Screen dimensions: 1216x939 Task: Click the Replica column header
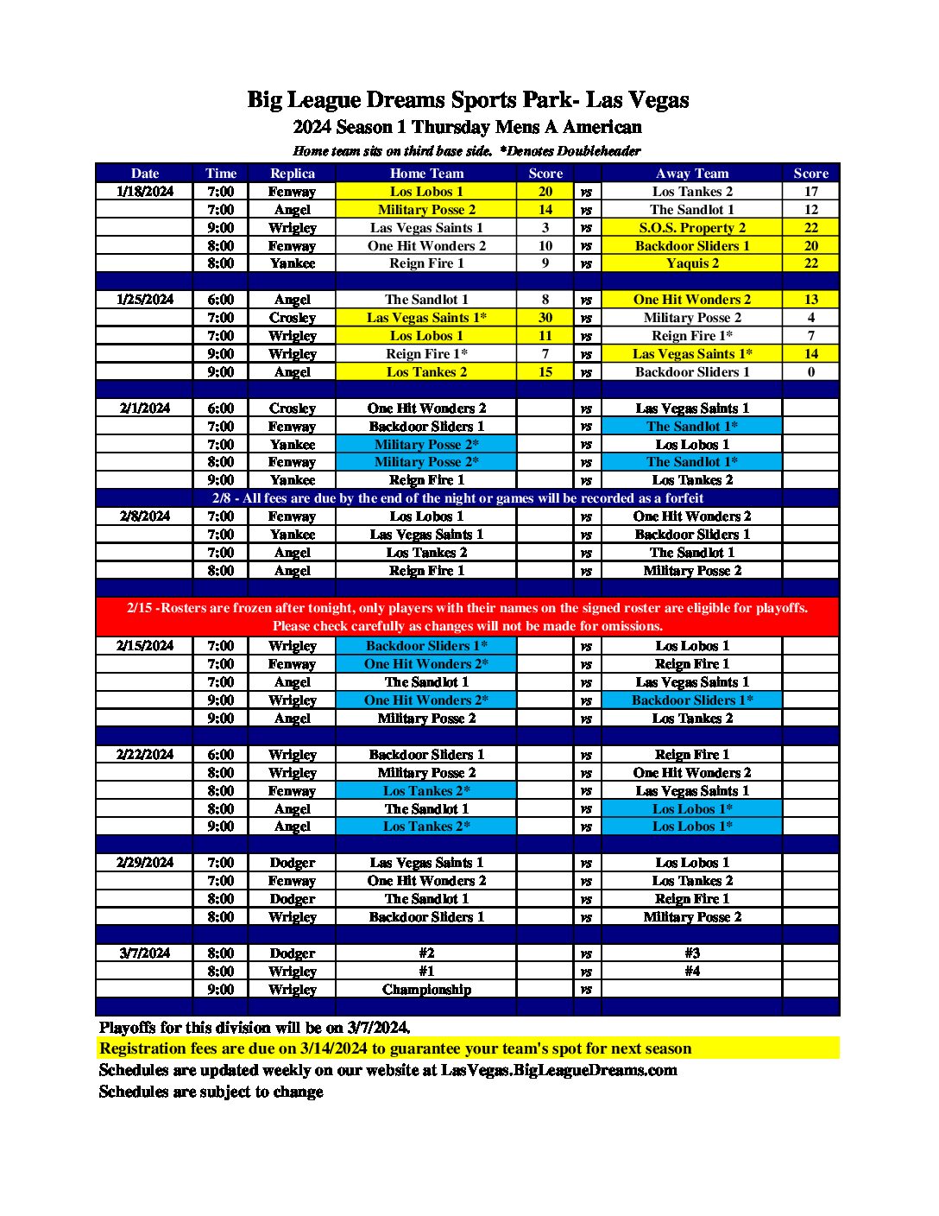(x=292, y=173)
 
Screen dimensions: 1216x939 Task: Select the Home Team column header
(x=426, y=173)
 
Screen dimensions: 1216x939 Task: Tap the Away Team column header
(x=691, y=173)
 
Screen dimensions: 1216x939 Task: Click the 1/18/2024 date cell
(x=145, y=192)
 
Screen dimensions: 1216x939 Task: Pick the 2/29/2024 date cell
(x=145, y=862)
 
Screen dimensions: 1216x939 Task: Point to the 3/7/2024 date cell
(x=145, y=953)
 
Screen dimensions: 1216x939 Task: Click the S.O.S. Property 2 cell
(x=692, y=228)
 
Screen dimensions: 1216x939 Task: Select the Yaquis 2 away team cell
(x=692, y=263)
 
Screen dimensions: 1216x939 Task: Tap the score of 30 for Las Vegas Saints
(x=545, y=318)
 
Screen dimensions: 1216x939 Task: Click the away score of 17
(x=810, y=192)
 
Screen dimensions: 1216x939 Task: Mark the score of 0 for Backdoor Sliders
(x=810, y=372)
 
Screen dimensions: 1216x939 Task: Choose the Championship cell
(x=426, y=989)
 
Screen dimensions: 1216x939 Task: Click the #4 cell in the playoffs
(x=692, y=971)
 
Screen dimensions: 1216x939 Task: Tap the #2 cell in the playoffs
(x=426, y=953)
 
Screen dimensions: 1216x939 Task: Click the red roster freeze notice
(x=467, y=617)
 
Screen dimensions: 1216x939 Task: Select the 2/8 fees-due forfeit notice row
(x=458, y=498)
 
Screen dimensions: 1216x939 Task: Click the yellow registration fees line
(x=395, y=1048)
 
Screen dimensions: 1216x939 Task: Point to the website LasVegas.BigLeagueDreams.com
(x=558, y=1070)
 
